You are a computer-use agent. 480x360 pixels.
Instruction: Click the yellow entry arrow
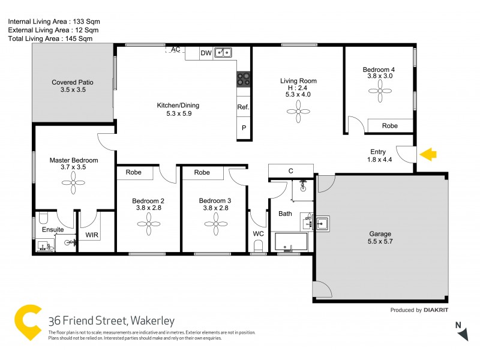[427, 155]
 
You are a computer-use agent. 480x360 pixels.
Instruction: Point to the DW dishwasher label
[206, 53]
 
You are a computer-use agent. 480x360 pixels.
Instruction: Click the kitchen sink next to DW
[224, 53]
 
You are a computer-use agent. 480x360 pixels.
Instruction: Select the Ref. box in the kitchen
[243, 107]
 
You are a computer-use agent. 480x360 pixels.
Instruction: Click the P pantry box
[244, 128]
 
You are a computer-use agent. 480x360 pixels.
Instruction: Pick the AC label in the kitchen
[176, 49]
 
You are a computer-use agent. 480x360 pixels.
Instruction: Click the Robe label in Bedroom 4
[390, 126]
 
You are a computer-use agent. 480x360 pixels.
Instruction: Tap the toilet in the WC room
[259, 245]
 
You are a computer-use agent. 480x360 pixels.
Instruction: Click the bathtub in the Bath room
[291, 242]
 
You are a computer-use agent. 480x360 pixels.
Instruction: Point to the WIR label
[92, 235]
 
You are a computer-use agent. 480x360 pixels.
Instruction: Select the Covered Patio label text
[73, 82]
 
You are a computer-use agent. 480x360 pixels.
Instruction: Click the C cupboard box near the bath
[291, 171]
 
